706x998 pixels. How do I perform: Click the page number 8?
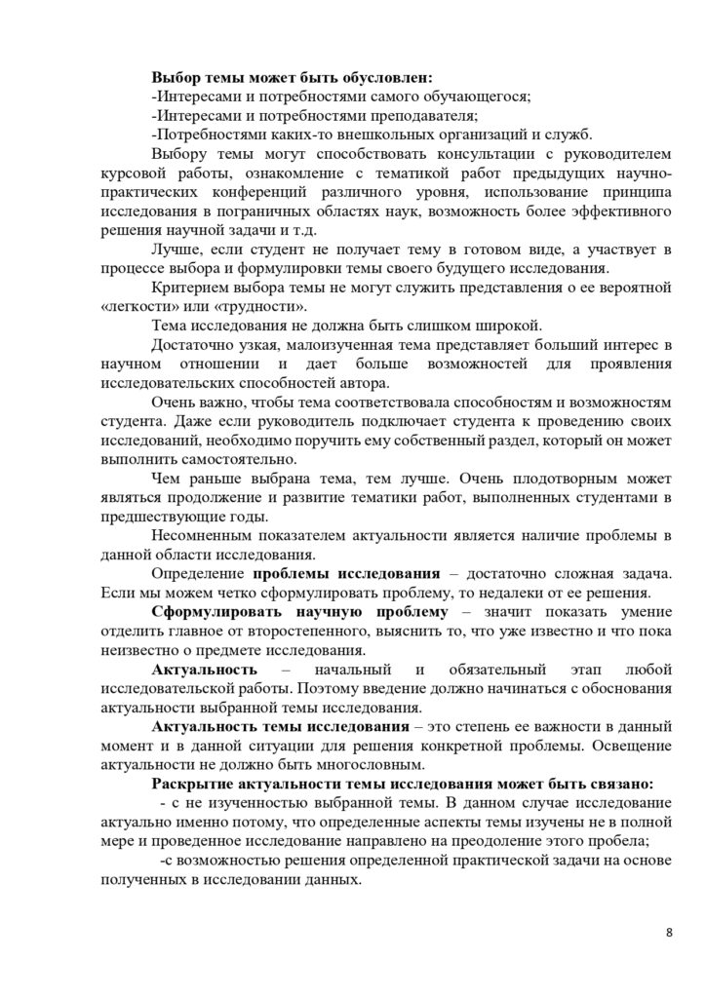669,933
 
